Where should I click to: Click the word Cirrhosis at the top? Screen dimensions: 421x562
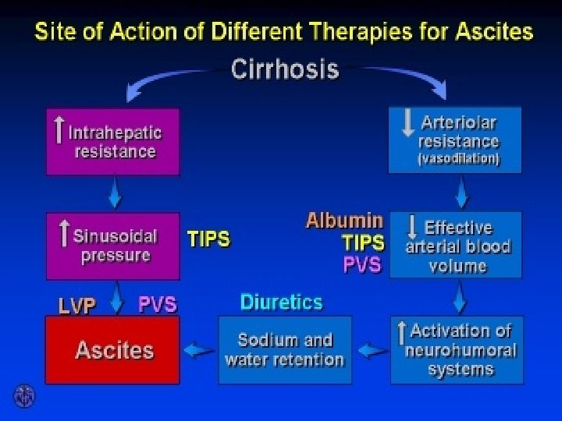(285, 69)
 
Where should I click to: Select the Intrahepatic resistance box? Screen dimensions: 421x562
(113, 141)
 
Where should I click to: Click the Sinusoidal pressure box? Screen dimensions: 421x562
(113, 245)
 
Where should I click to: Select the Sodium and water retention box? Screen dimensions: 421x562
(284, 350)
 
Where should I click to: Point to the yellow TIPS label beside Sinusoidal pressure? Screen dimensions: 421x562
(208, 238)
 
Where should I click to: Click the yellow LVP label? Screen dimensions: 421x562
(76, 306)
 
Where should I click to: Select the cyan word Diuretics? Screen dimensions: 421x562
(281, 302)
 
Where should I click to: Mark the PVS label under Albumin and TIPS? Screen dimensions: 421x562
(362, 265)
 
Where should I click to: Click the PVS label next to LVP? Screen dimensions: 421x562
(158, 304)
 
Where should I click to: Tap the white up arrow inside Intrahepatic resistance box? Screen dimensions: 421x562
(59, 130)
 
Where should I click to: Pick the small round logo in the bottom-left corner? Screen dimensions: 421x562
(24, 396)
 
